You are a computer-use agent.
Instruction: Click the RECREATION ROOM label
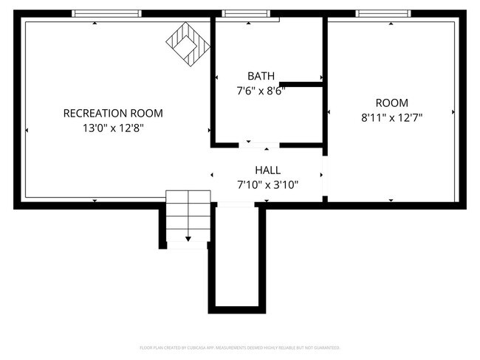pos(113,114)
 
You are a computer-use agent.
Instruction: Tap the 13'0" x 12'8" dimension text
pos(113,128)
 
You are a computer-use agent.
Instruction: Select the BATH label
pos(261,76)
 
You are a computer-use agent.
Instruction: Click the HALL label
pos(267,170)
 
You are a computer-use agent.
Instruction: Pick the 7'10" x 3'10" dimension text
pos(267,185)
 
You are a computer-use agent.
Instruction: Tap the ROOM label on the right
pos(391,103)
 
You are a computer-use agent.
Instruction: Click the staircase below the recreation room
pos(188,217)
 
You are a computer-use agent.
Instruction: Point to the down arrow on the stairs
pos(188,238)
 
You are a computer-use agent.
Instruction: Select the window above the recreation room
pos(106,13)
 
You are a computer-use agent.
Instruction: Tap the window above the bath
pos(247,13)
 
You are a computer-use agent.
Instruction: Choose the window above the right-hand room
pos(383,13)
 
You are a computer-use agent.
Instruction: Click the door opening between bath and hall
pos(259,145)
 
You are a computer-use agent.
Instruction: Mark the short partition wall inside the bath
pos(301,85)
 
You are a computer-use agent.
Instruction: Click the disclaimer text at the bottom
pos(240,347)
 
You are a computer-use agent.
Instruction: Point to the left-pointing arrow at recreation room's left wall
pos(27,131)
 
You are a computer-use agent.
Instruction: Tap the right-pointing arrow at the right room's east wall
pos(453,112)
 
